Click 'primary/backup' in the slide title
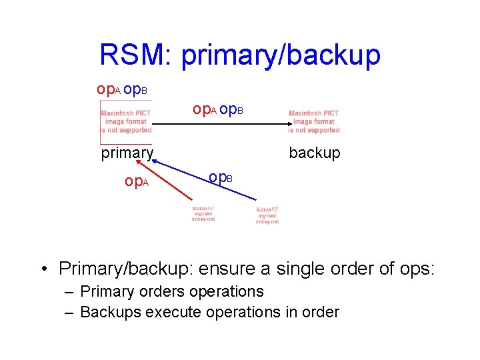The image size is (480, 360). [x=281, y=56]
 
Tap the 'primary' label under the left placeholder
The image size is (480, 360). [x=127, y=153]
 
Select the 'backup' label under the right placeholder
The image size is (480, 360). [x=314, y=153]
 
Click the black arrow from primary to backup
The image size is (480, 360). [x=220, y=125]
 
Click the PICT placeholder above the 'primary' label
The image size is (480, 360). [x=126, y=122]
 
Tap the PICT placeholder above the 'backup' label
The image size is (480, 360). [x=314, y=122]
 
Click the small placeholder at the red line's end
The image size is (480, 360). [x=203, y=213]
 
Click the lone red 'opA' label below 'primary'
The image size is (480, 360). [x=136, y=181]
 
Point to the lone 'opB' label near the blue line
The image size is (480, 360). [x=220, y=177]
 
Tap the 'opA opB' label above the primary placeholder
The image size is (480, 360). [x=122, y=89]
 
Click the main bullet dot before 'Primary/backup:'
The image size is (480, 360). [x=43, y=269]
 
